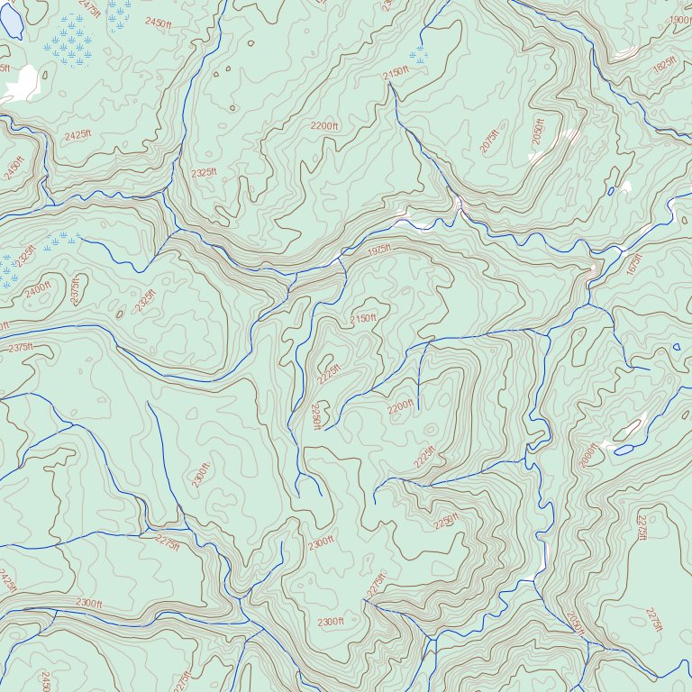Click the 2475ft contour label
[90, 7]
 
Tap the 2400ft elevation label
[38, 290]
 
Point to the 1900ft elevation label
[681, 21]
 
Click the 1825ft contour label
[664, 68]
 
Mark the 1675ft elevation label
[634, 264]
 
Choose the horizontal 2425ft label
[77, 135]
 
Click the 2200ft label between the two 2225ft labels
[400, 408]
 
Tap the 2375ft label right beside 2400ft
[75, 290]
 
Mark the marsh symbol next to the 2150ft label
[417, 56]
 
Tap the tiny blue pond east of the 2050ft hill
[611, 191]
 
